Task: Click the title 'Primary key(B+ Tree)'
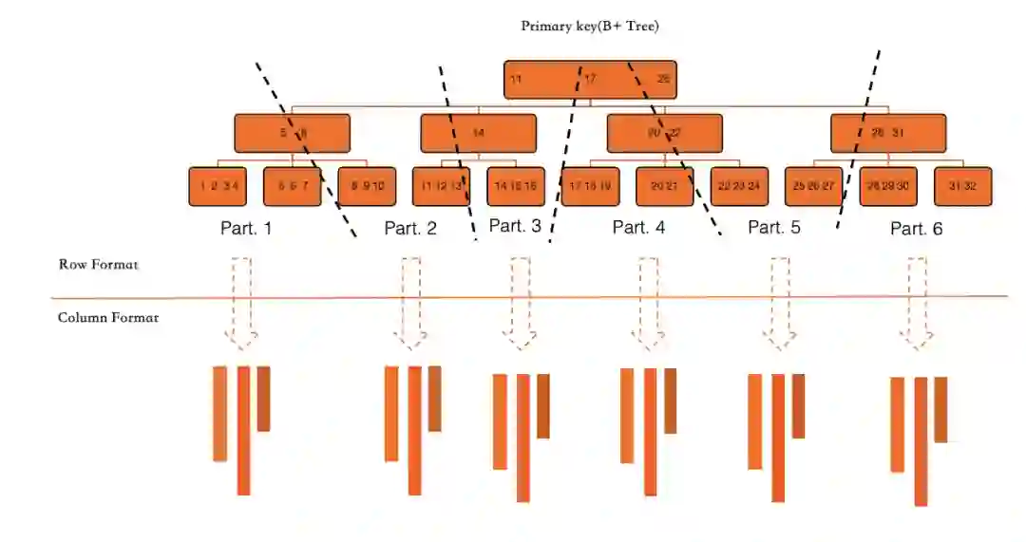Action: (589, 27)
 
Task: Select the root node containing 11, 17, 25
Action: (589, 80)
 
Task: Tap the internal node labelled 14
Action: (478, 134)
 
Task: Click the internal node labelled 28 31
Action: (888, 134)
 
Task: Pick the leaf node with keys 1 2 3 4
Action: (218, 186)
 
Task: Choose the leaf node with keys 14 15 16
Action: (516, 186)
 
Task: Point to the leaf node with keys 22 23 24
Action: (739, 186)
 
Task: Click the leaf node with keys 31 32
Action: (962, 186)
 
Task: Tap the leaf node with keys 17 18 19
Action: (590, 186)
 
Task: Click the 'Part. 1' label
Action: (245, 229)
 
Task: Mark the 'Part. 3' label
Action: (515, 226)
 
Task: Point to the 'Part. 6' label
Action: (916, 229)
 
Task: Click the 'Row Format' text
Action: (98, 265)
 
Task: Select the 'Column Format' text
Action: (107, 317)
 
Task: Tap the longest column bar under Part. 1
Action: (243, 430)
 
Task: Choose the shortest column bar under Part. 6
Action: (940, 409)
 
